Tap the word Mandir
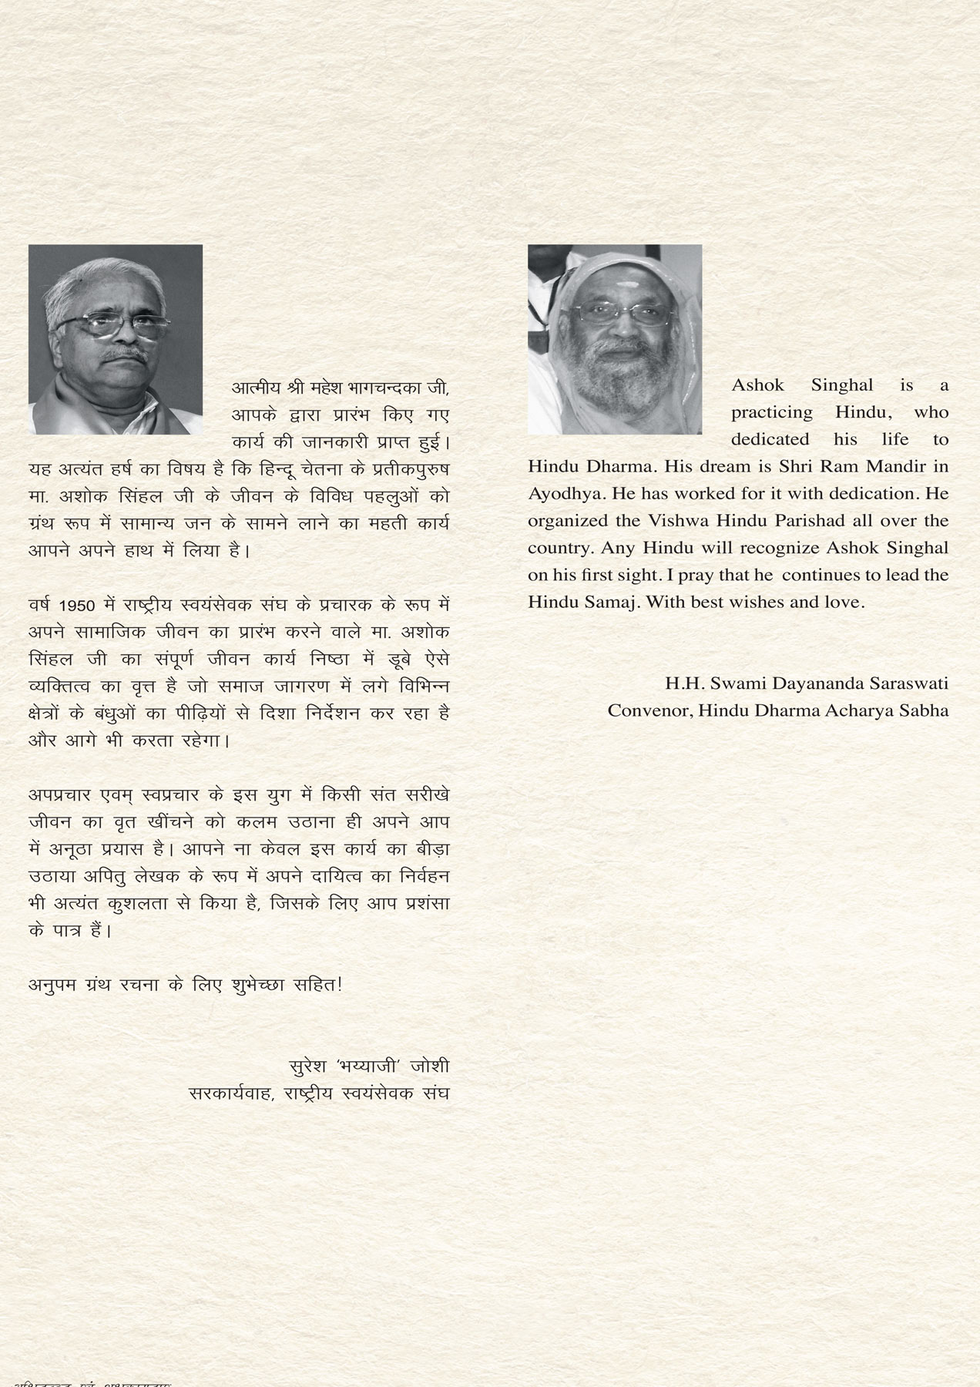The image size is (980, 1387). point(903,466)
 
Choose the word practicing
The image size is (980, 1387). point(771,412)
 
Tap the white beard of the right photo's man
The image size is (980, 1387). point(616,385)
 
